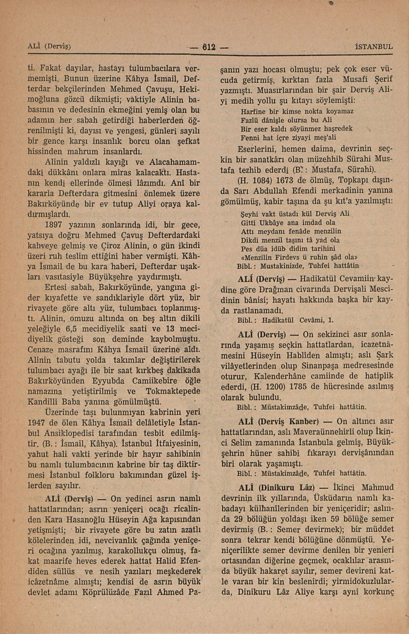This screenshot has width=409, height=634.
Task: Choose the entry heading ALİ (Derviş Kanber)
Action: coord(278,422)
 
